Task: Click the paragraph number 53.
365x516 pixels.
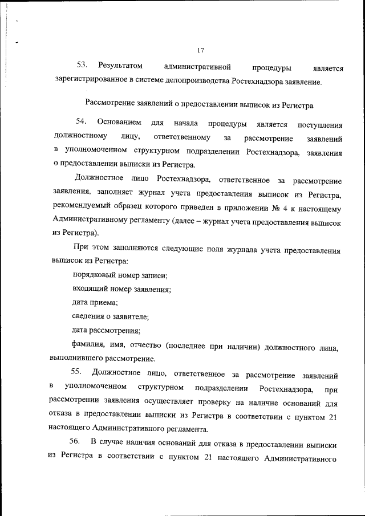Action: click(82, 67)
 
